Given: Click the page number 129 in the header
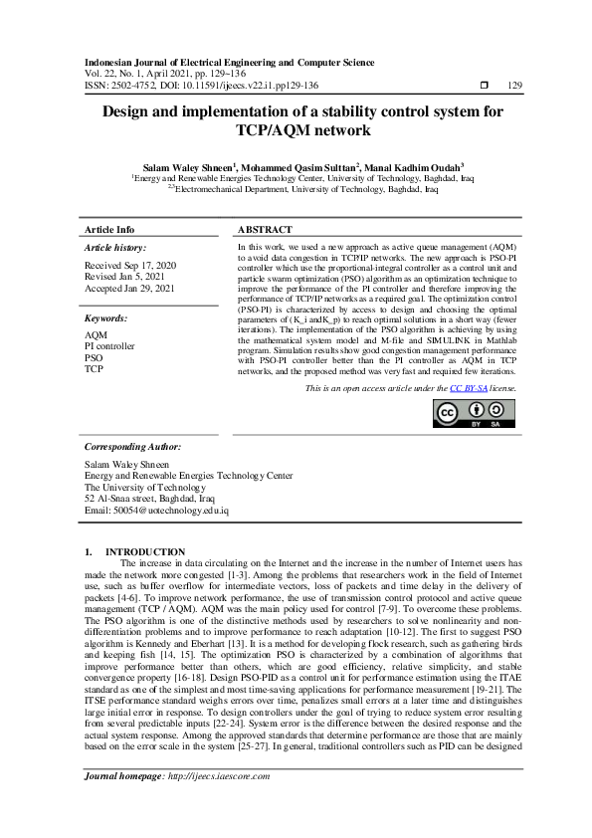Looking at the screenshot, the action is (x=514, y=86).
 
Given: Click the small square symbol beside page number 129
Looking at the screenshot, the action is (x=484, y=86).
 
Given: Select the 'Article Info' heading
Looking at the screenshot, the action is (x=109, y=229).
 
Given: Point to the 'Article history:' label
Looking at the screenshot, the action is (x=115, y=247).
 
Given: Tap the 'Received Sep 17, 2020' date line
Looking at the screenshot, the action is (x=130, y=265).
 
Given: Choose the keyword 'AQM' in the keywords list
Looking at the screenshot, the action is (x=97, y=335).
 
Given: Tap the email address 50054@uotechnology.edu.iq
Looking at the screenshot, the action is (x=156, y=511).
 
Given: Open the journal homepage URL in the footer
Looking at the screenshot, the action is (x=219, y=803).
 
